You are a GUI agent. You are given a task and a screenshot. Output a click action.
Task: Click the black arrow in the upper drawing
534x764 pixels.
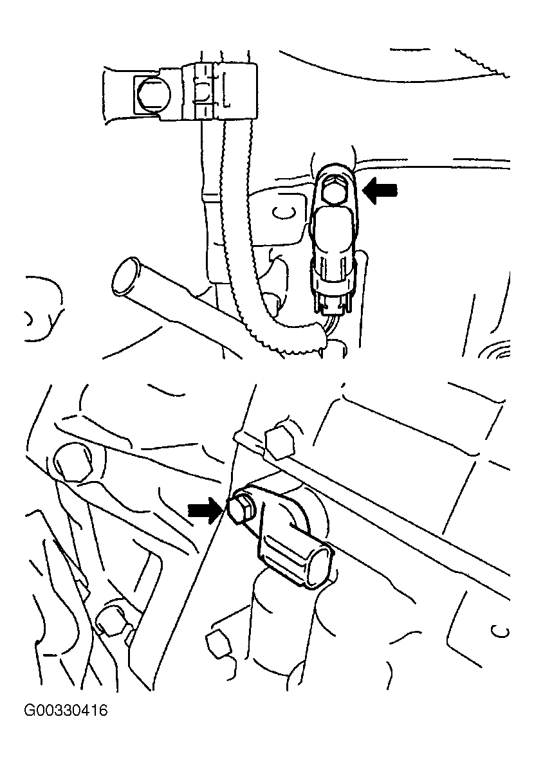(382, 190)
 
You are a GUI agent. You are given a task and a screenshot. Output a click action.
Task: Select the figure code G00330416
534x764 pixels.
(66, 710)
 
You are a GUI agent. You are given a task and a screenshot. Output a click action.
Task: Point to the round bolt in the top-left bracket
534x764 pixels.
(151, 95)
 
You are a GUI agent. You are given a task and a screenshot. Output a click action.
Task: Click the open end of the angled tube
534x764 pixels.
(125, 277)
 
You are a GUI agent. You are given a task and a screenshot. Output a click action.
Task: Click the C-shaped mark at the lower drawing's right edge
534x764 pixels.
(501, 632)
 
